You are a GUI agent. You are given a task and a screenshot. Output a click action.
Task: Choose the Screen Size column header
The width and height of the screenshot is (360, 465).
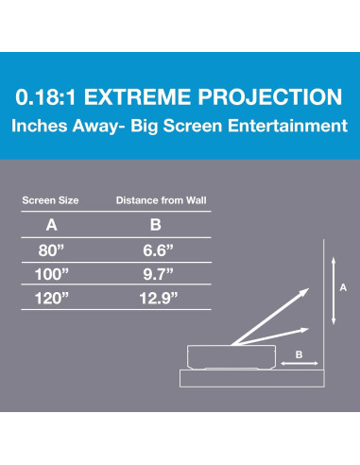point(51,200)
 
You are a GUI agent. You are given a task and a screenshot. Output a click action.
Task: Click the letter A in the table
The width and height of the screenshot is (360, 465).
point(51,226)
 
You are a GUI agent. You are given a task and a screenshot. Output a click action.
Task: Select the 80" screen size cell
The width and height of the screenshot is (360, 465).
point(51,250)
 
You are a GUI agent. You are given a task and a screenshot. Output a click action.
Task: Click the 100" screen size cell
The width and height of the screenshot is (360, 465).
point(51,274)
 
